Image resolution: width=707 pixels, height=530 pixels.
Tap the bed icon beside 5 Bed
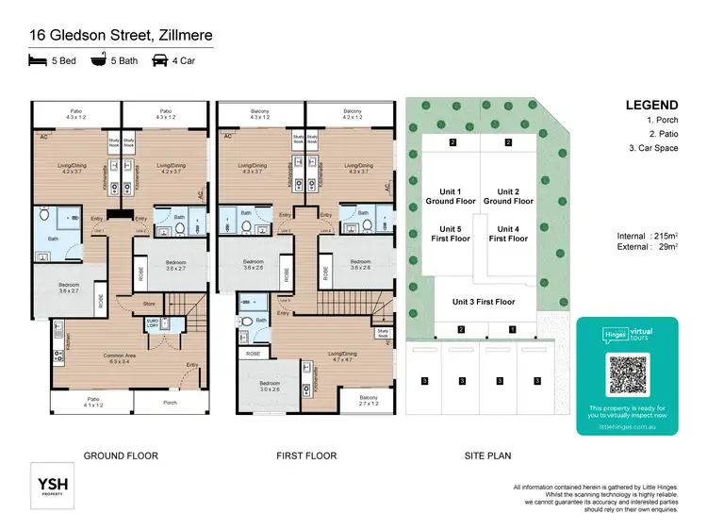39,62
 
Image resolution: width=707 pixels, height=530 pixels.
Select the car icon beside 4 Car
160,62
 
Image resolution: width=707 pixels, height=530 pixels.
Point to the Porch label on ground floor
170,404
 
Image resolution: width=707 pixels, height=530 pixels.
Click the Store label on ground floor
148,304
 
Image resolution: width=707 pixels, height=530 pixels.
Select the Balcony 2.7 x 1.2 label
369,401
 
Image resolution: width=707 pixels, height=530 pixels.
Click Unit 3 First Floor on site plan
483,302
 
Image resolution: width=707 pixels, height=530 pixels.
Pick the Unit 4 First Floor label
508,234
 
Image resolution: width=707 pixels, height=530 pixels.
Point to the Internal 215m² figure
651,236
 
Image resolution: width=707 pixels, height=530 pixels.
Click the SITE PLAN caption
486,455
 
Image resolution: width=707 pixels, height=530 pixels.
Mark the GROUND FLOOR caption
121,455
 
